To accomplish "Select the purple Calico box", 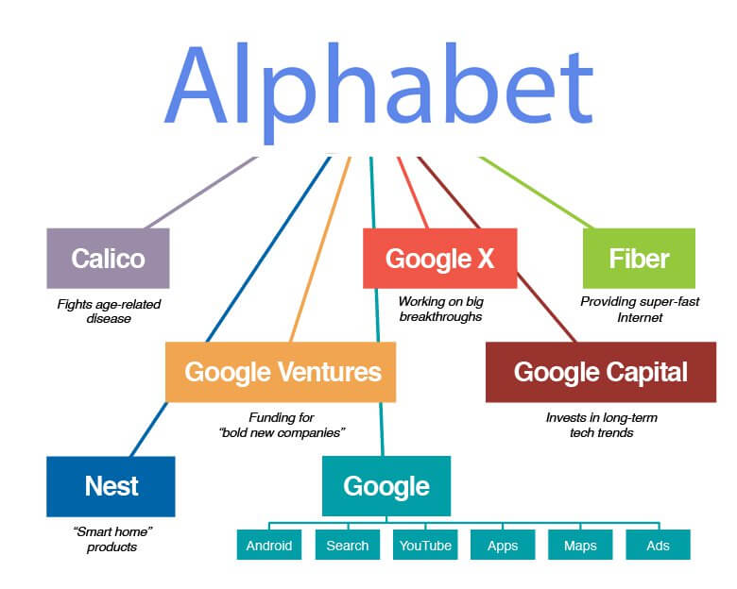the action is (x=108, y=259).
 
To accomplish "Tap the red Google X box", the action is (x=440, y=259).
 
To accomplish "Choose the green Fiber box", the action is (x=640, y=259).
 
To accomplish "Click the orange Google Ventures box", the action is (x=281, y=372).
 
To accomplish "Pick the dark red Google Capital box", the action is (x=601, y=372).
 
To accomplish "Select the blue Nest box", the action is (x=111, y=487).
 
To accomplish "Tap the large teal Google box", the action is (x=386, y=486).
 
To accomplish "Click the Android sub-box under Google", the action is (x=269, y=545).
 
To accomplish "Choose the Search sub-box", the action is (x=348, y=545).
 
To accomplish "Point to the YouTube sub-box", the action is (x=425, y=545).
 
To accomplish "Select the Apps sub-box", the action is (x=503, y=545).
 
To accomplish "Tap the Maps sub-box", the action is (x=580, y=545).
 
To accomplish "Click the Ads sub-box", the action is (x=658, y=545).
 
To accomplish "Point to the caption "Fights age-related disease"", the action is (x=109, y=311).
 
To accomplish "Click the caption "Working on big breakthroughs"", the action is (x=441, y=309).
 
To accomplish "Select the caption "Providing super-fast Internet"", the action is (x=640, y=309).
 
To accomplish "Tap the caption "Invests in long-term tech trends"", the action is (x=602, y=425).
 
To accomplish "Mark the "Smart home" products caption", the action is (x=112, y=539).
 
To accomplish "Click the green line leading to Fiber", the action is (x=536, y=193).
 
